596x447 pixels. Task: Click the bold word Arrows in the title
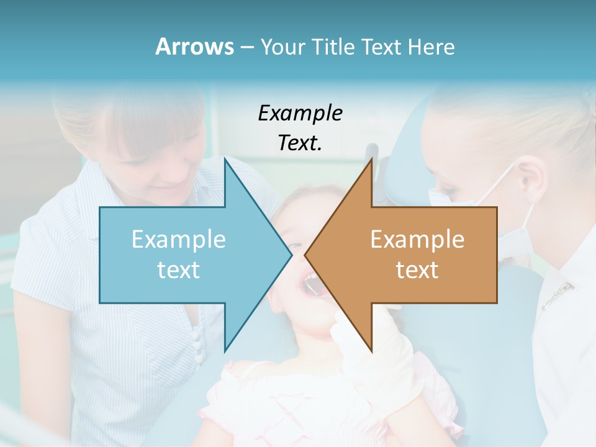point(194,47)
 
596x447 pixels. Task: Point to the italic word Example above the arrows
point(300,113)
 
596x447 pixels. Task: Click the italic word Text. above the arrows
point(300,143)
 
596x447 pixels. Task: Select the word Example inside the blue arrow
point(179,240)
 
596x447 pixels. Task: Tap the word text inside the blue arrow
point(179,270)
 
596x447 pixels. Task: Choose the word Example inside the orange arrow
point(417,240)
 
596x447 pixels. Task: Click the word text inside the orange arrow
point(417,270)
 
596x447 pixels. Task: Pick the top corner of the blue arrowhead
point(225,159)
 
